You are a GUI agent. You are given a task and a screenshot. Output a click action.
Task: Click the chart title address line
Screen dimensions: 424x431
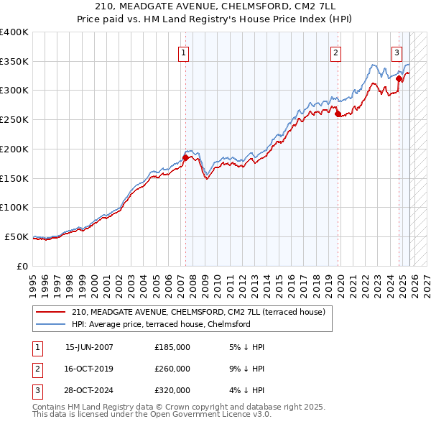[215, 6]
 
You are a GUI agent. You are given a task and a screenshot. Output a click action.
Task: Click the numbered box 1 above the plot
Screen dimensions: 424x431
[183, 52]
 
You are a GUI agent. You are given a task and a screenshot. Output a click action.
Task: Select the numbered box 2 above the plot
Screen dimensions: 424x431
[335, 52]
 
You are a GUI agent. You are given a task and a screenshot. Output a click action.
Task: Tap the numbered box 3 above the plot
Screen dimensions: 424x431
[396, 52]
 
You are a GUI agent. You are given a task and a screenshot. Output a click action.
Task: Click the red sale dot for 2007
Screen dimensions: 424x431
[185, 157]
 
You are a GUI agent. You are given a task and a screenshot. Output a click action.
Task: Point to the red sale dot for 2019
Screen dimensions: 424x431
[338, 113]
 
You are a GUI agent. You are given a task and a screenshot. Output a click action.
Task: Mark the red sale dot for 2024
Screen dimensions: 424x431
[399, 78]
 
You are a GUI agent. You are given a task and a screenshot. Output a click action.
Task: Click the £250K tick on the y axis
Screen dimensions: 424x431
[14, 120]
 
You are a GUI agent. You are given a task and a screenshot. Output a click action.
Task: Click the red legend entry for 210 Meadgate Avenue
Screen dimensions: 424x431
[198, 312]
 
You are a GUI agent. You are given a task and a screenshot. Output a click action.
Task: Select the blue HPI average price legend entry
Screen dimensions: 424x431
[160, 325]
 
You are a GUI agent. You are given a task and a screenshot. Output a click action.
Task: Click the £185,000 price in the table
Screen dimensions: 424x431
[172, 347]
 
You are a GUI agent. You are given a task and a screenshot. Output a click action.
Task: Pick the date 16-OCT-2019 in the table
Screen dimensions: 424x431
[89, 369]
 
